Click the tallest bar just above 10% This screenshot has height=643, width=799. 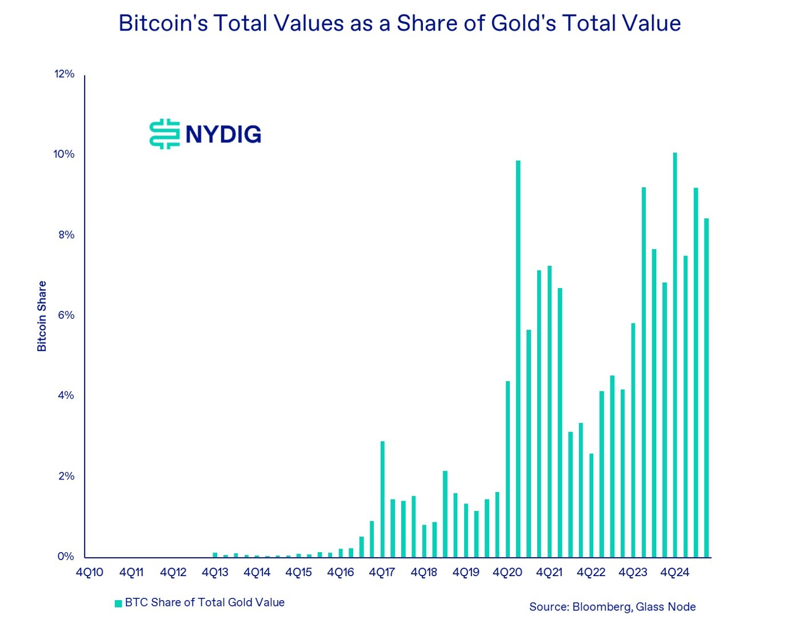[x=675, y=354]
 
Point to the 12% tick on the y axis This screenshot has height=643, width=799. [x=65, y=74]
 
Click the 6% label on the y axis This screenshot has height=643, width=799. [x=66, y=315]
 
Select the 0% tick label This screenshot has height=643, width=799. [x=66, y=557]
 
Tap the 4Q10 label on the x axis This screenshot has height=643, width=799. [x=90, y=573]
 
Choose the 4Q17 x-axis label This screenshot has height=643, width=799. [x=382, y=573]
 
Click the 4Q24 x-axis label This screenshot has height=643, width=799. [x=674, y=573]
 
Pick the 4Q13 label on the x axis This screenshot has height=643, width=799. [x=215, y=573]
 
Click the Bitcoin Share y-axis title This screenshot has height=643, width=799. [x=42, y=316]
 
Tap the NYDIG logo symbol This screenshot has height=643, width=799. [x=165, y=134]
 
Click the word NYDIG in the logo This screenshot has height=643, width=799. [x=223, y=134]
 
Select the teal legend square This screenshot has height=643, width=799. [x=118, y=604]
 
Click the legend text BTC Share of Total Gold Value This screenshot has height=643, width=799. [x=205, y=602]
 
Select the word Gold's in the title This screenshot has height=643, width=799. [x=524, y=23]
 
